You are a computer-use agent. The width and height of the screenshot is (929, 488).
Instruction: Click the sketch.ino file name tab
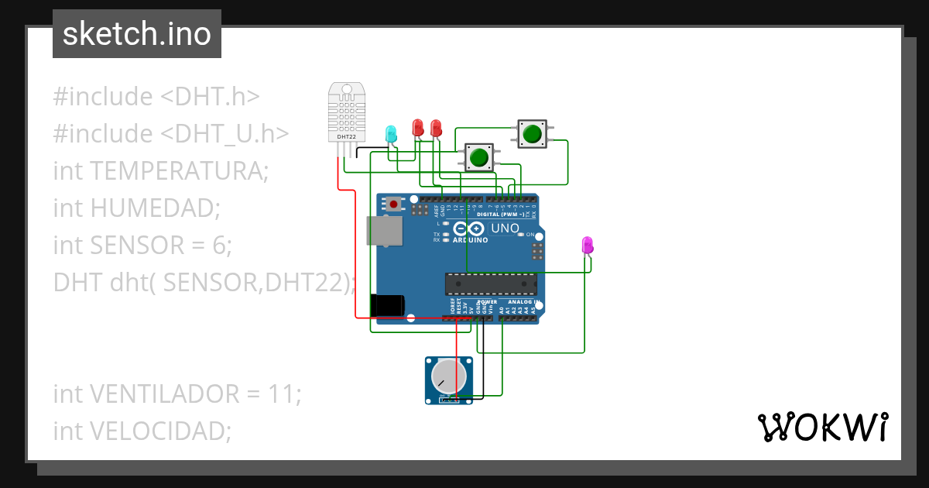point(137,34)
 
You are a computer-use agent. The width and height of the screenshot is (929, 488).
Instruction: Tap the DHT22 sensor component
point(347,113)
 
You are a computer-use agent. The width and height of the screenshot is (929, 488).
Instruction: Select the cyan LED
point(391,133)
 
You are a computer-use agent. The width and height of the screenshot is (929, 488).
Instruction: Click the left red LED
point(418,127)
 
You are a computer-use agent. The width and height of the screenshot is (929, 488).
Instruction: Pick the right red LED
point(436,127)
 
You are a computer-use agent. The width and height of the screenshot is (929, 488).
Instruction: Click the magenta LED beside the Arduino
point(588,246)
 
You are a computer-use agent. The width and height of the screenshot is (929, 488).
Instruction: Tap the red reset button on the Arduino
point(395,204)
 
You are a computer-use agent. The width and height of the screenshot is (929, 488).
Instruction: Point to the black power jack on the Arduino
point(387,305)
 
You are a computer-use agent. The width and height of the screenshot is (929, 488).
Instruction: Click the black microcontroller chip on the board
point(491,284)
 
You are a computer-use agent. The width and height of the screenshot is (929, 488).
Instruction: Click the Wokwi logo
point(823,427)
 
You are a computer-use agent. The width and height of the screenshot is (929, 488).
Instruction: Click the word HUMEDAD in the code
point(154,208)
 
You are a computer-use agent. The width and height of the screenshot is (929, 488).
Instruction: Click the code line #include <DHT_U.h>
point(171,133)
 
